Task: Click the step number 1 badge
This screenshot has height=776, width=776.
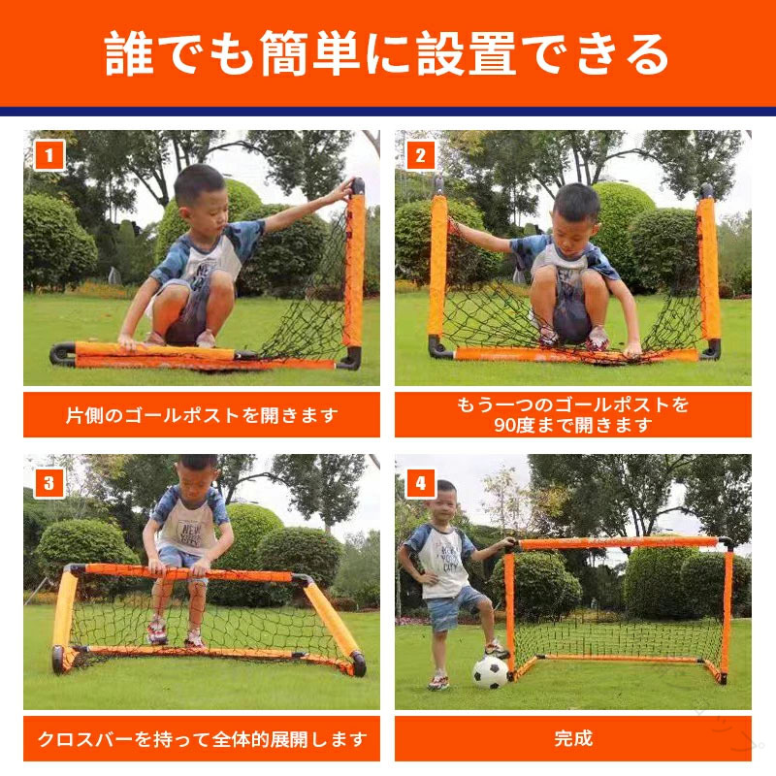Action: (49, 155)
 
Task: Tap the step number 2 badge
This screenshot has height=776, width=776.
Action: (420, 155)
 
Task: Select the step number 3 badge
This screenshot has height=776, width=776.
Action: (49, 482)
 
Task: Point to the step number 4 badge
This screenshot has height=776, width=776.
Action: (420, 482)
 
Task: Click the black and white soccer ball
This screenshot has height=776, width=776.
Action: (490, 672)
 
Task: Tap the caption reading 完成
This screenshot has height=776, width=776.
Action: (573, 738)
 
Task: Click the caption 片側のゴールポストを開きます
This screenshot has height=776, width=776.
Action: (202, 415)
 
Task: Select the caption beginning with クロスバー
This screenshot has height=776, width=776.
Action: (202, 739)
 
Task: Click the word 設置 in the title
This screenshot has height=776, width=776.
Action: (467, 53)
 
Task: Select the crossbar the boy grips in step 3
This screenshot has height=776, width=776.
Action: (188, 572)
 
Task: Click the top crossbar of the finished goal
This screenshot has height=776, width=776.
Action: (619, 543)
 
